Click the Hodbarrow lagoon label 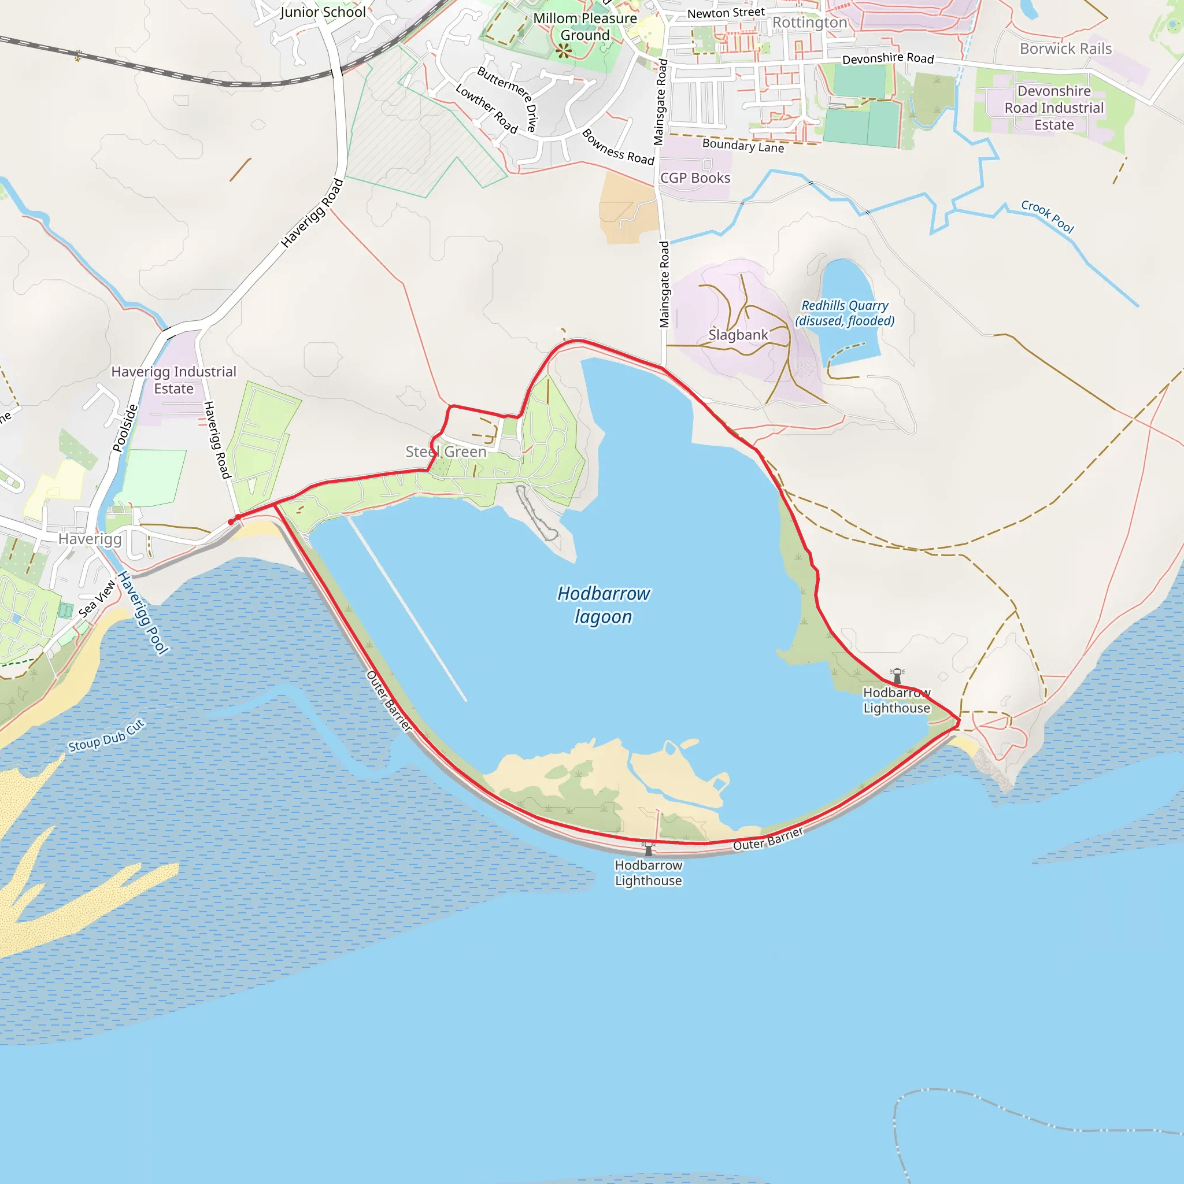(x=603, y=605)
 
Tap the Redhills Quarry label (x=845, y=313)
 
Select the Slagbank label (x=738, y=335)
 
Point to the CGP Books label (x=695, y=178)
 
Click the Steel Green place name (x=446, y=452)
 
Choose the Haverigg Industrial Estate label (x=173, y=380)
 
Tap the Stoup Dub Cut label (x=106, y=736)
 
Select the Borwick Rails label (x=1065, y=49)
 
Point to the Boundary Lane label (x=743, y=146)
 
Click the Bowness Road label (x=618, y=147)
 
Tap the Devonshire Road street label (x=887, y=58)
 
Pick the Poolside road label (x=125, y=428)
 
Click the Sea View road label (x=97, y=598)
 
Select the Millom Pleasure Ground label (x=584, y=27)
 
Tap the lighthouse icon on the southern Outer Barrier (x=649, y=848)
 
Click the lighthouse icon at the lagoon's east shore (x=897, y=676)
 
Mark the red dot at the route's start (x=231, y=522)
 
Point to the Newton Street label (x=726, y=13)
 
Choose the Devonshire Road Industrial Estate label (x=1053, y=108)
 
